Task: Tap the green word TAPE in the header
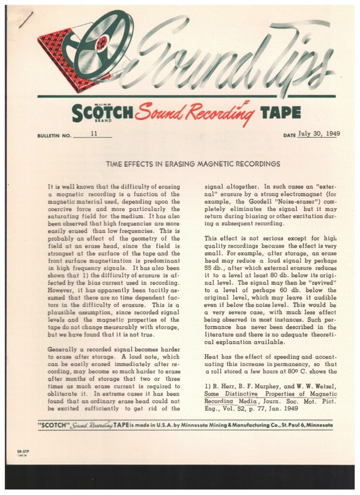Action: [280, 112]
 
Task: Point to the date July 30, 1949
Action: [318, 134]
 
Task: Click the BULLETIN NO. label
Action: [54, 136]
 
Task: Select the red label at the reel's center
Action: [102, 43]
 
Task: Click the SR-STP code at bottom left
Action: [22, 451]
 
